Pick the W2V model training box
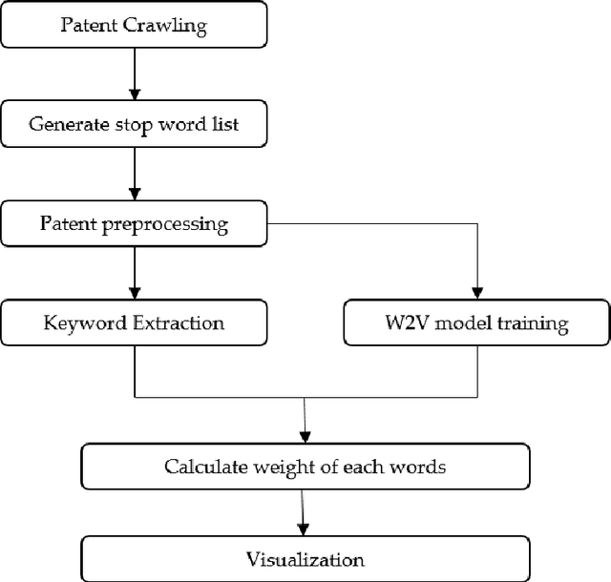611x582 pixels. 474,323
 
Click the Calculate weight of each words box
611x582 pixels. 304,467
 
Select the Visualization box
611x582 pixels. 304,558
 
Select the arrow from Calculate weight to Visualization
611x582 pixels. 304,512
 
